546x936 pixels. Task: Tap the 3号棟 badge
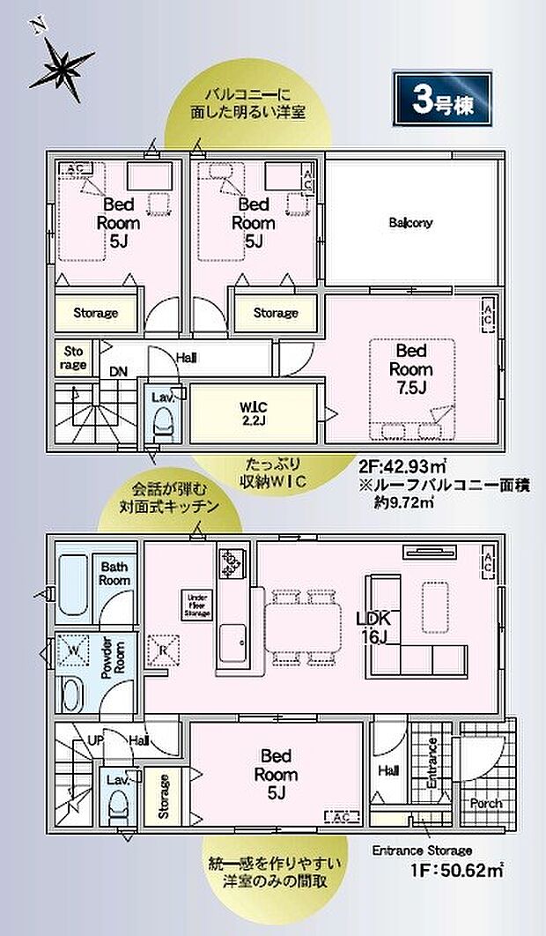pos(441,100)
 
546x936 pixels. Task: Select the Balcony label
pos(410,223)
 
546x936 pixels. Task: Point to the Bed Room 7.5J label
pos(409,370)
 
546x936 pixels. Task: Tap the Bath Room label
pos(115,574)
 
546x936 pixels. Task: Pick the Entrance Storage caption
pos(422,851)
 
